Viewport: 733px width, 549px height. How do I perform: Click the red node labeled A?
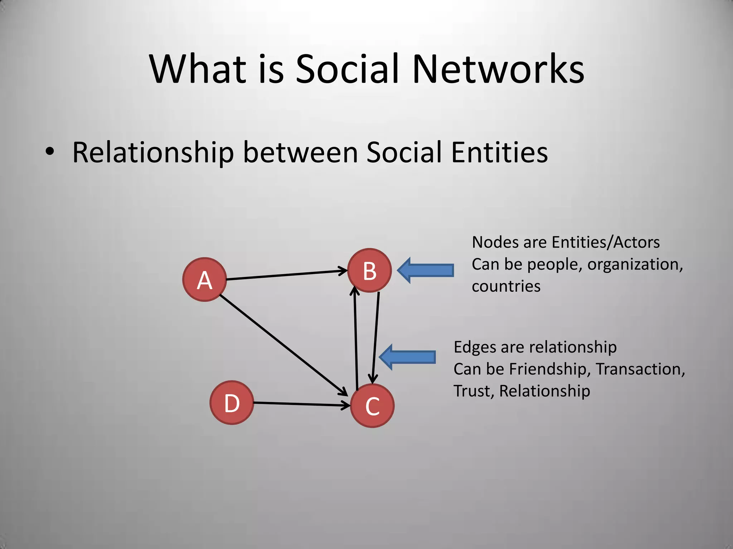(x=204, y=280)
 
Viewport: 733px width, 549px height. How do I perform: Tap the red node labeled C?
(x=372, y=406)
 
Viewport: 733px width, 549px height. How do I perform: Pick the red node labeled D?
(x=232, y=403)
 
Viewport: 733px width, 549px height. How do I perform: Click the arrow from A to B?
(x=286, y=275)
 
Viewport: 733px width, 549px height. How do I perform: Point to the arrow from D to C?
(x=301, y=404)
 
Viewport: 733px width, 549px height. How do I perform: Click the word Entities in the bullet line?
(x=499, y=153)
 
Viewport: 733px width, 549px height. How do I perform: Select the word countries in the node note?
(x=506, y=286)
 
